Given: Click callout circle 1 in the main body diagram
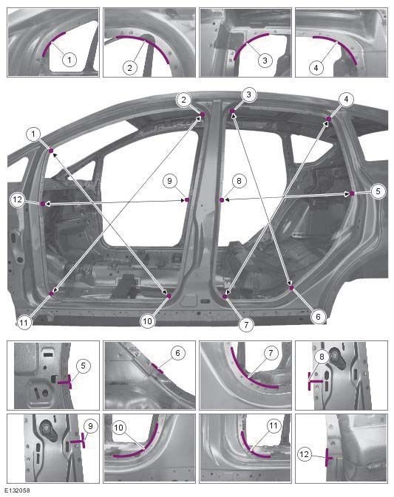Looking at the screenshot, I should point(33,133).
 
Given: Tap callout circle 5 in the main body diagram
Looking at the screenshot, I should point(377,191).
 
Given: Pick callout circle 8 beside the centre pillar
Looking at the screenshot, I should point(237,179).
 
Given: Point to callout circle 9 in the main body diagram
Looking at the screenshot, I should point(169,180).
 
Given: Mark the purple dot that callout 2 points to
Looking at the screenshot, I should point(203,114).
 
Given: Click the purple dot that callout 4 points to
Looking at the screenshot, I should point(328,118).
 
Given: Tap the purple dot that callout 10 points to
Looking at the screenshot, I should point(169,296).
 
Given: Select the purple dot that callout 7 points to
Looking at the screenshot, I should point(225,296).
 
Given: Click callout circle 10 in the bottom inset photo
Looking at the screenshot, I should point(119,428).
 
